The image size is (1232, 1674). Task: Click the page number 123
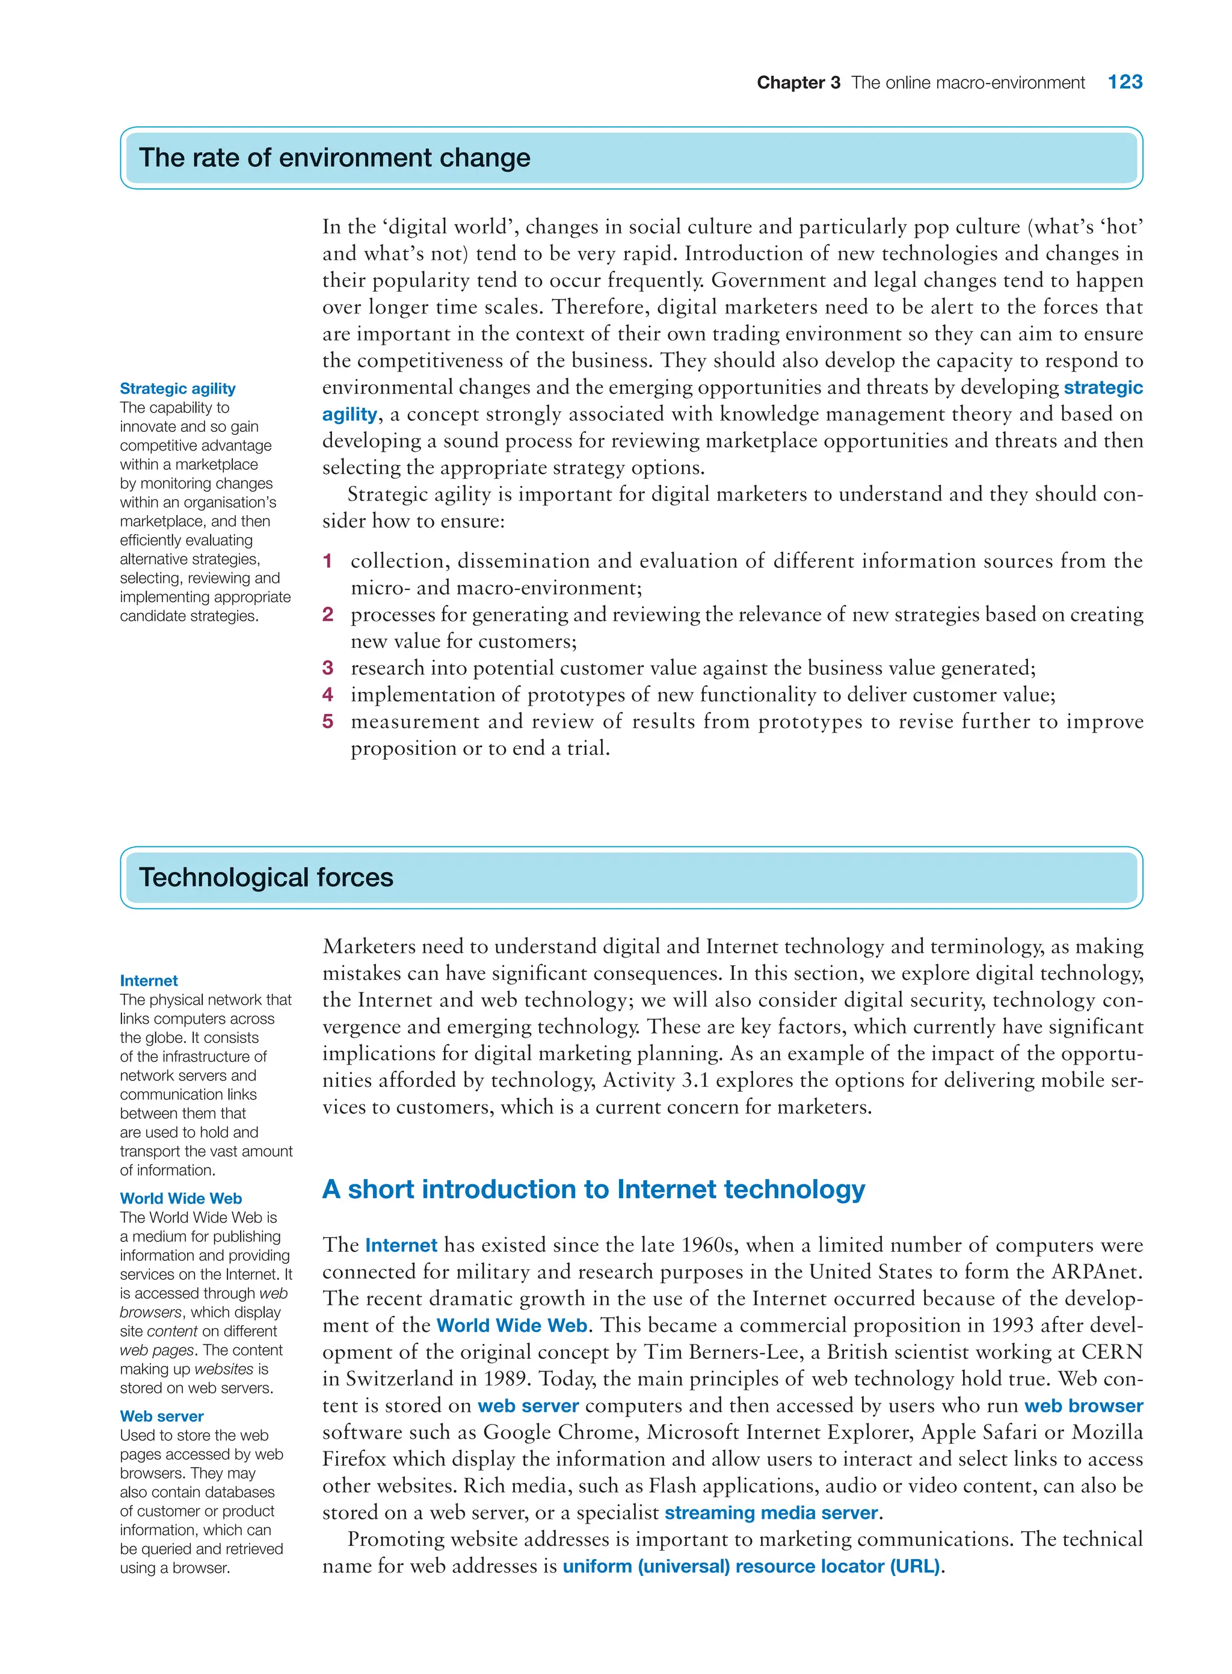pyautogui.click(x=1124, y=82)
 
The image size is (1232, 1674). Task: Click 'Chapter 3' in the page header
pyautogui.click(x=798, y=83)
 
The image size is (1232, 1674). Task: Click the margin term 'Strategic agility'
pyautogui.click(x=177, y=389)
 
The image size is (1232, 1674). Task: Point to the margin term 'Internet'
pyautogui.click(x=149, y=980)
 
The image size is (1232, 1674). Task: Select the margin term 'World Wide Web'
pyautogui.click(x=180, y=1198)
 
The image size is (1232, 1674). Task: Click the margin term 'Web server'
pyautogui.click(x=161, y=1416)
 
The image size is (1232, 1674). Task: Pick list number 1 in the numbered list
pyautogui.click(x=327, y=561)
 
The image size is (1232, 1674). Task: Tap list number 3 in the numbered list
pyautogui.click(x=327, y=668)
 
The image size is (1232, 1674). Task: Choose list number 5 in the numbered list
pyautogui.click(x=327, y=722)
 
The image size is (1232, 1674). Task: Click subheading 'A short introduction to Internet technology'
pyautogui.click(x=593, y=1189)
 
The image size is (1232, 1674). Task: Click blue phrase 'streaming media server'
pyautogui.click(x=771, y=1513)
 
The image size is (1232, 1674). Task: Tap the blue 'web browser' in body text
pyautogui.click(x=1083, y=1406)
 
